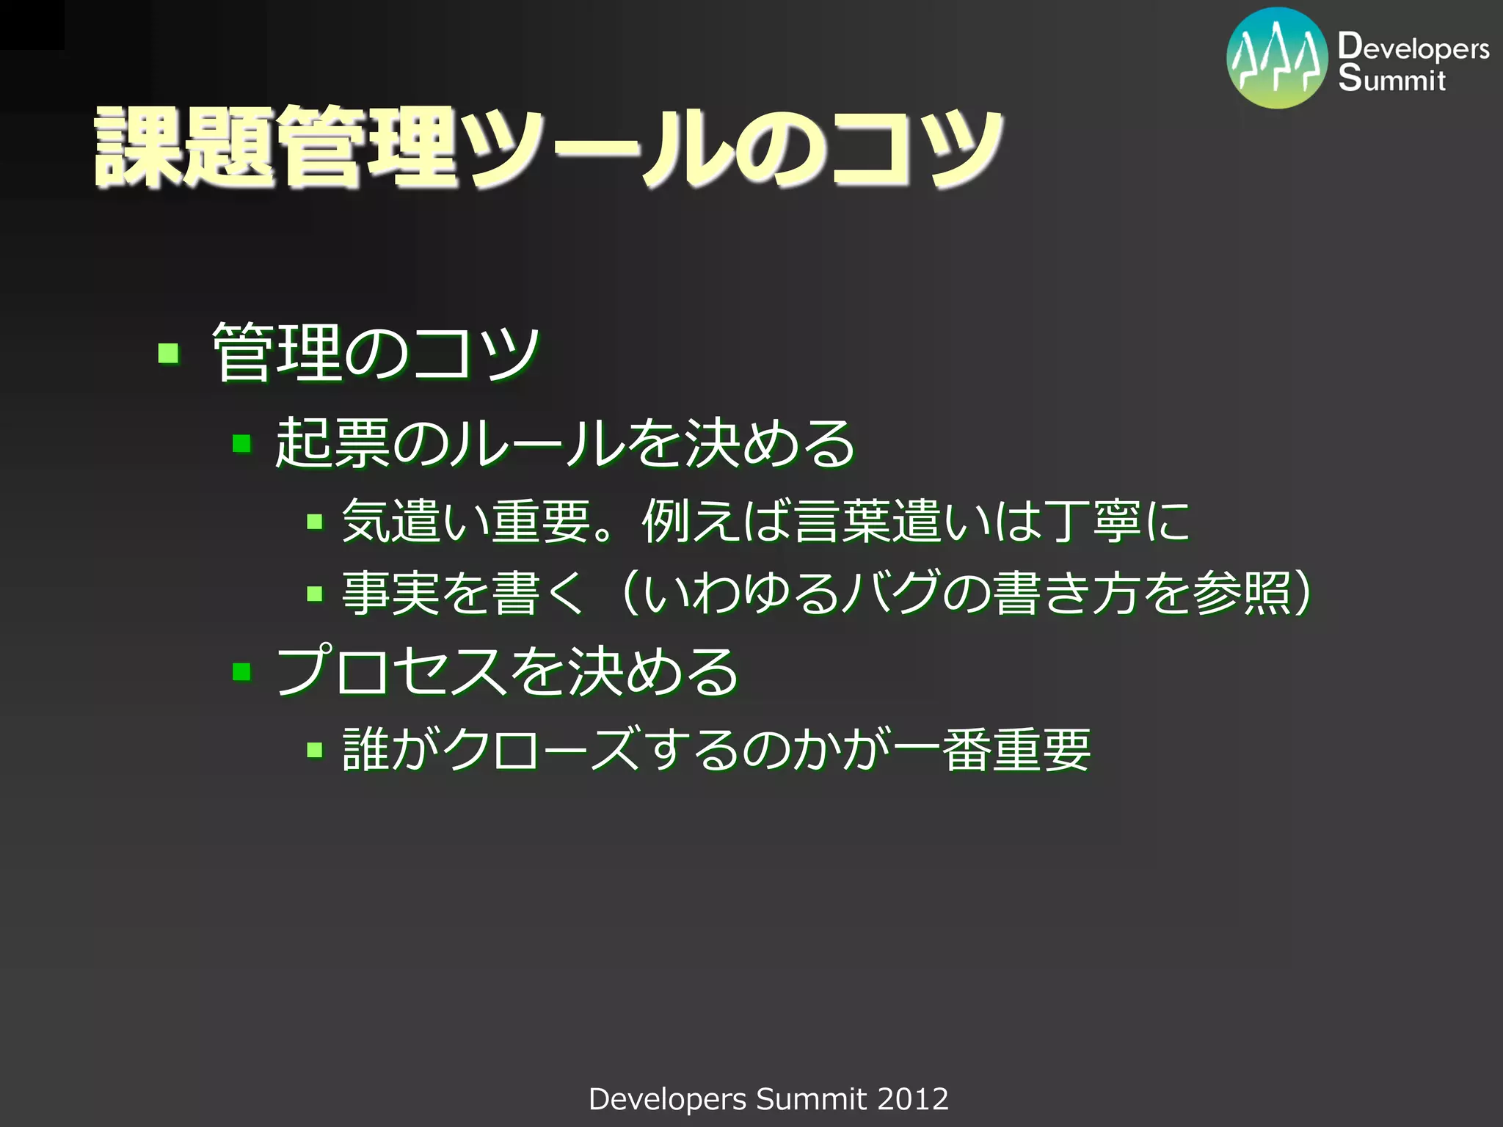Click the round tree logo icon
coord(1277,58)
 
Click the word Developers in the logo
coord(1413,48)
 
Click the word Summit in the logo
coord(1391,79)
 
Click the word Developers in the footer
coord(667,1099)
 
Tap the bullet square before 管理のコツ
coord(169,354)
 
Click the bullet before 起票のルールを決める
coord(241,444)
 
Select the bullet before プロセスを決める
coord(241,671)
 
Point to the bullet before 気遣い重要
coord(315,522)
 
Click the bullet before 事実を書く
coord(315,594)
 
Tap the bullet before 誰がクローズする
coord(315,750)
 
